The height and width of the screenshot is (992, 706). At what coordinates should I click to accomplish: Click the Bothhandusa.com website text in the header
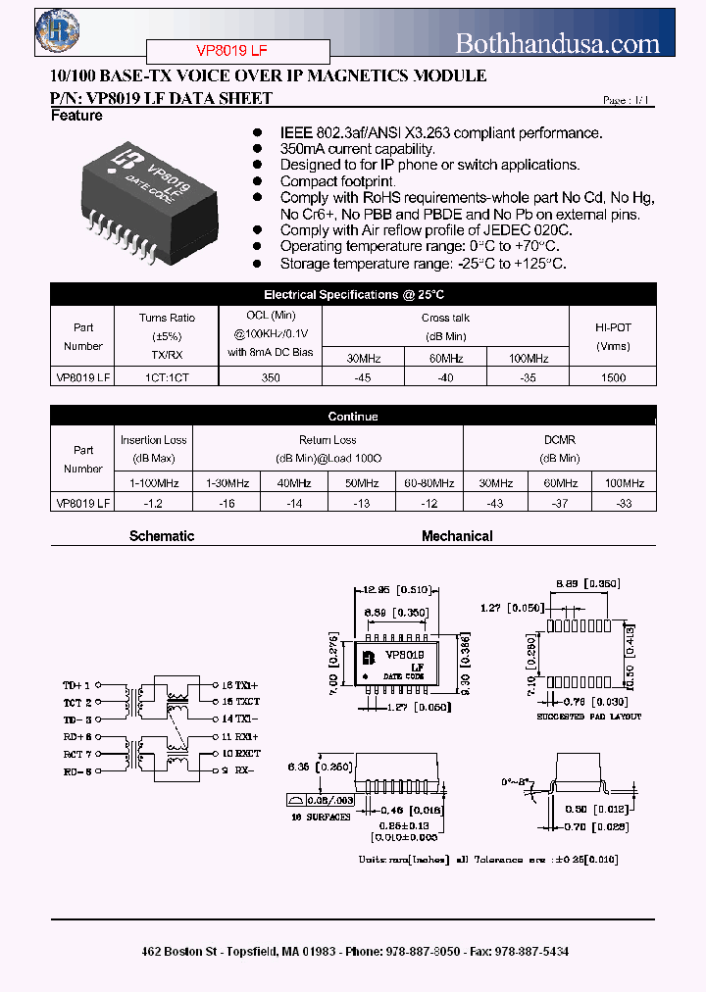(x=558, y=42)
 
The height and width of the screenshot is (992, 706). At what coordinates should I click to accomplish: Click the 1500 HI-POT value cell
(x=613, y=377)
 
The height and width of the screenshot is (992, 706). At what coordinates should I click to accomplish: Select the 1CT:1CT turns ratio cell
(x=167, y=377)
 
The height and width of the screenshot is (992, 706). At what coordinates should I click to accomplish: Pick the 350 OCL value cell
(x=271, y=377)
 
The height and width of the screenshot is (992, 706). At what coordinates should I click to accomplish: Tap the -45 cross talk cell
(x=363, y=377)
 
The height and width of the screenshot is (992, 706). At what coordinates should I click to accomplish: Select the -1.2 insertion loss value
(x=154, y=502)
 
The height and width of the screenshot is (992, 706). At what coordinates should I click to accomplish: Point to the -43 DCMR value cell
(x=495, y=502)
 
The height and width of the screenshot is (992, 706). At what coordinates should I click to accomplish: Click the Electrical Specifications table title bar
(x=353, y=295)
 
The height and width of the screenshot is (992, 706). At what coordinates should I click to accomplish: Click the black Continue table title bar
(x=353, y=417)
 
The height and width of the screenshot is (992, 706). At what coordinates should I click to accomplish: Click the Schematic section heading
(x=162, y=536)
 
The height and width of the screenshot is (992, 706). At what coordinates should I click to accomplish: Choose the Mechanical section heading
(x=457, y=536)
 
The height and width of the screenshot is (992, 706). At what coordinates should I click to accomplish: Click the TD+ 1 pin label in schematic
(x=77, y=686)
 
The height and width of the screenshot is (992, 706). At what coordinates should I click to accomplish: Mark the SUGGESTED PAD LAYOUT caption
(x=588, y=718)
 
